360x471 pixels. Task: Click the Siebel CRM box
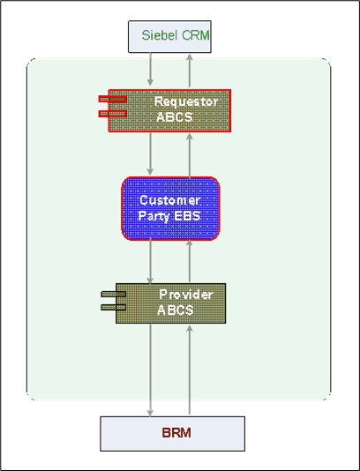coord(169,36)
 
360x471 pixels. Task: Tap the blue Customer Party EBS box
coord(170,208)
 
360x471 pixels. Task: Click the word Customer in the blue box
coord(170,200)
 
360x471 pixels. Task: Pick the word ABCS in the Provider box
coord(175,310)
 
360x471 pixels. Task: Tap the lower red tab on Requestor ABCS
coord(113,114)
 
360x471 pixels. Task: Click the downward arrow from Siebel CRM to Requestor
coord(151,69)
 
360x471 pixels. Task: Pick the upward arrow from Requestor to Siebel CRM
coord(190,69)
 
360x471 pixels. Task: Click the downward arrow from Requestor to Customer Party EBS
coord(151,153)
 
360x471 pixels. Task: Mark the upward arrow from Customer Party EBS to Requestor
coord(190,153)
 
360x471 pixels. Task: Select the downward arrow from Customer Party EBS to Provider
coord(151,261)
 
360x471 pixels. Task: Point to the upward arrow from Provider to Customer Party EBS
coord(190,261)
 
